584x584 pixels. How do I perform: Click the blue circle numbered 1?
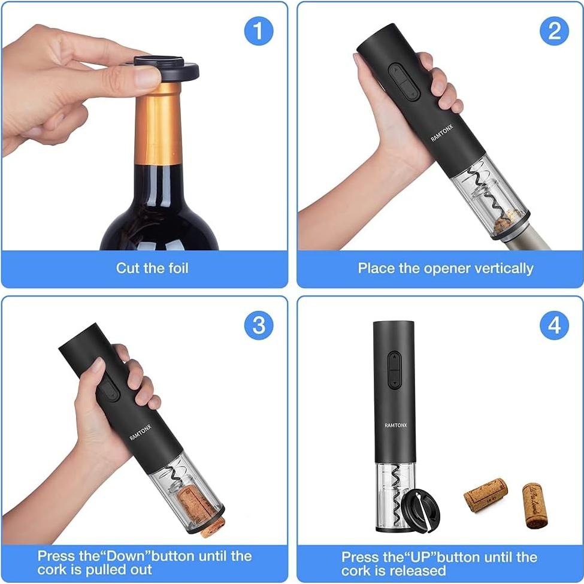click(258, 31)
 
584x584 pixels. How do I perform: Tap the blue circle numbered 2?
click(554, 31)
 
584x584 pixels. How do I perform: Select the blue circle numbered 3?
click(258, 325)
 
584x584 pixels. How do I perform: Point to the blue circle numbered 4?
click(554, 325)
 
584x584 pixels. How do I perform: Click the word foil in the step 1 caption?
click(174, 268)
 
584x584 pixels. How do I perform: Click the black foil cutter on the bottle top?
click(165, 68)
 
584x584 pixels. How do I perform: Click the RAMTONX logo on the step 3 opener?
click(141, 431)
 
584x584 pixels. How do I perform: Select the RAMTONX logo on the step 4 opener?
click(395, 425)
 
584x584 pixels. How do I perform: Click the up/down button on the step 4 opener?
click(395, 369)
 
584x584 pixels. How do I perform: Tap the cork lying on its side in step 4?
click(485, 494)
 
